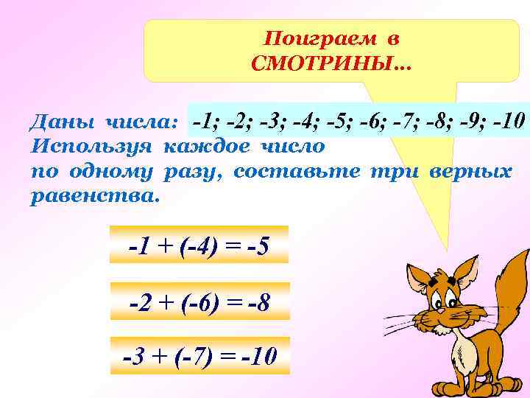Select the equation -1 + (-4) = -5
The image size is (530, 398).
click(198, 245)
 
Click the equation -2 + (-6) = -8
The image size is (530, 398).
click(199, 301)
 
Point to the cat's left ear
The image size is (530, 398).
click(420, 278)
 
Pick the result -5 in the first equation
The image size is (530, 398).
click(256, 245)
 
